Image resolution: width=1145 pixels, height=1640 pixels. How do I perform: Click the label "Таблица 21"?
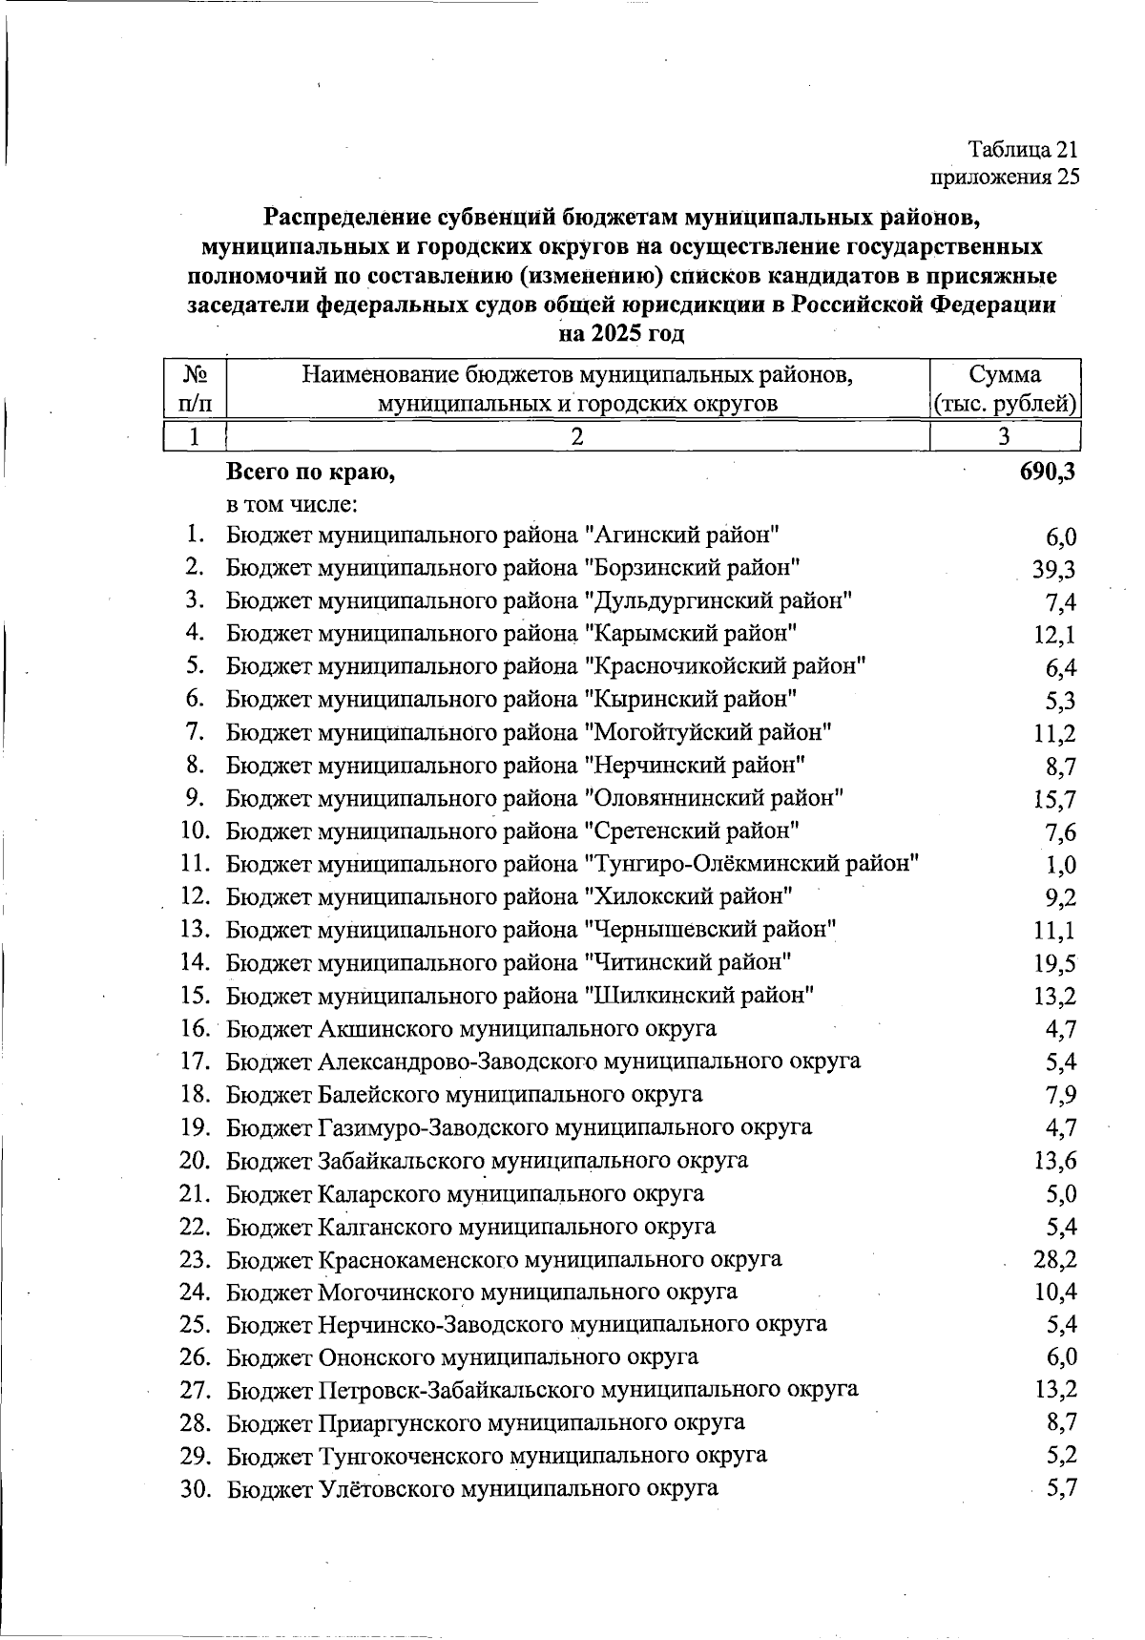[1023, 150]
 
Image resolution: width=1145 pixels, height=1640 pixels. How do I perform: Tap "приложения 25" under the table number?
[1005, 177]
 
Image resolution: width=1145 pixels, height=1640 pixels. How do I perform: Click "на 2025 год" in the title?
[621, 333]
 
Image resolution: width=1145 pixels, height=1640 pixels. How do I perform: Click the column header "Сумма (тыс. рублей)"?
[1005, 389]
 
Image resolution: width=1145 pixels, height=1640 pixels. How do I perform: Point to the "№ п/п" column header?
[194, 389]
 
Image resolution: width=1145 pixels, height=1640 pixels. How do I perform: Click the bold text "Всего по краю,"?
[310, 472]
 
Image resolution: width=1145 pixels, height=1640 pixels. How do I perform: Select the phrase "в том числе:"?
[291, 503]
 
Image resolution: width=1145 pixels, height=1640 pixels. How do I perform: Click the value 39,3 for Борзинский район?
[1054, 570]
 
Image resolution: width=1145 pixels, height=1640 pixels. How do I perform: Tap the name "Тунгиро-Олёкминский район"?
[751, 864]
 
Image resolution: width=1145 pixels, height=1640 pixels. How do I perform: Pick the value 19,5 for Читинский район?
[1054, 963]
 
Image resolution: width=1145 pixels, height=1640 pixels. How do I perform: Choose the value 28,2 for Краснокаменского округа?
[1054, 1259]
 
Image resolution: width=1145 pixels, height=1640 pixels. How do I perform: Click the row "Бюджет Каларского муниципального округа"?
[466, 1193]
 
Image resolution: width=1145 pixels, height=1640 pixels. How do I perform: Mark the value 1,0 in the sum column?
[1061, 865]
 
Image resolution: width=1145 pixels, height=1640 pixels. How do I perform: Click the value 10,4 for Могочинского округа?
[1054, 1293]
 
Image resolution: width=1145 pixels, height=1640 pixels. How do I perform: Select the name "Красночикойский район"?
[724, 666]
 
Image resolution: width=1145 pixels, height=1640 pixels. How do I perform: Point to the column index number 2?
[576, 437]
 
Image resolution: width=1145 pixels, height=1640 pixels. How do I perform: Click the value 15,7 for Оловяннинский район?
[1054, 799]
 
